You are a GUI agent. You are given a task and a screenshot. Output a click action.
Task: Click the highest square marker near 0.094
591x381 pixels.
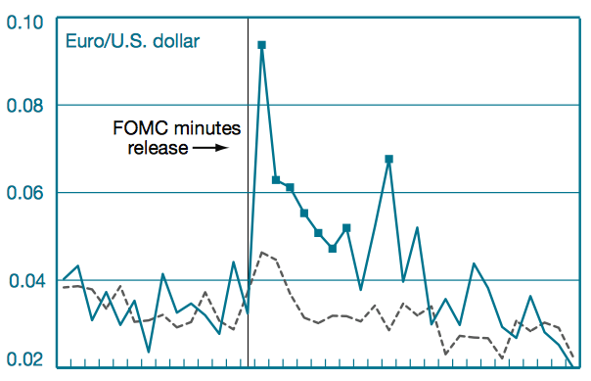[262, 45]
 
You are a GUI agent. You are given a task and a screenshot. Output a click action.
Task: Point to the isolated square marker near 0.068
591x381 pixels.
[389, 159]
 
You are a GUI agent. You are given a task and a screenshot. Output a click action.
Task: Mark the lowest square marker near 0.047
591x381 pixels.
[333, 249]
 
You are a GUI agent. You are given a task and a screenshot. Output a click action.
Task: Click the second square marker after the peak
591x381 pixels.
[290, 187]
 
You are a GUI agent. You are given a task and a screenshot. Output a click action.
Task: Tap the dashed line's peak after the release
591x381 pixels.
[262, 253]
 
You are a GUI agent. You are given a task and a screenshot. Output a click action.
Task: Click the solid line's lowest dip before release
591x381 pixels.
[149, 351]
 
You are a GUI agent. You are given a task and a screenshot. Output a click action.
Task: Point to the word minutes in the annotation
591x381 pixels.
[205, 129]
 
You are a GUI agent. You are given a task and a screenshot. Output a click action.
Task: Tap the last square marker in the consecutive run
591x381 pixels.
[346, 227]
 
